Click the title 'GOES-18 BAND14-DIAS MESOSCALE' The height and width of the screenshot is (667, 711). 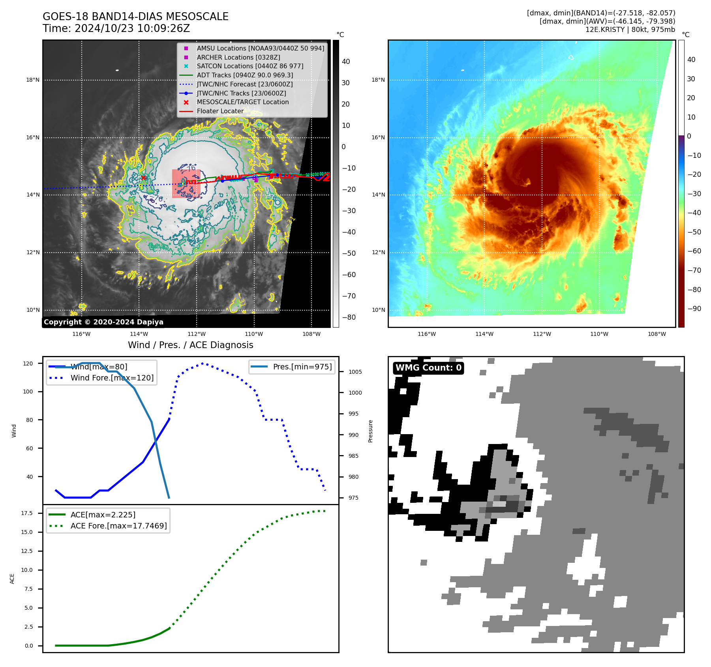(135, 17)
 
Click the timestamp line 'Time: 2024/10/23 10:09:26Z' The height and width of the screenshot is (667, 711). (116, 28)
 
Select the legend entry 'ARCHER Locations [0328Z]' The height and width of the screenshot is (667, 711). (238, 57)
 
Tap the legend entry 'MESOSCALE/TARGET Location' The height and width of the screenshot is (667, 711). (242, 102)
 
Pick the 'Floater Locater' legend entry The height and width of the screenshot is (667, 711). (220, 111)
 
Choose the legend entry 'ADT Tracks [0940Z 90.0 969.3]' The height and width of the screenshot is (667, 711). (245, 75)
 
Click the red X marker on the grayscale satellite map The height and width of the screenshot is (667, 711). (143, 178)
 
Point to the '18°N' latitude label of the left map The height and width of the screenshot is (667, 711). (33, 80)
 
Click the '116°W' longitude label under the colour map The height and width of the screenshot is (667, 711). (427, 334)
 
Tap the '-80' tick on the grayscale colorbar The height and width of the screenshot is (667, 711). (349, 317)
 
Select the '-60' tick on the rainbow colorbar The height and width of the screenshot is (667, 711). (694, 251)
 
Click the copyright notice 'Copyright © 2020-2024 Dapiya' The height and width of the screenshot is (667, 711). (103, 322)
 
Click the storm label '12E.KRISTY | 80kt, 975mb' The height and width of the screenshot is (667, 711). (630, 30)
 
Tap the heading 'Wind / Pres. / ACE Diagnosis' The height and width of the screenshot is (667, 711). (190, 345)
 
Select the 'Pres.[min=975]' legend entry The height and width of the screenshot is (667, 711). (302, 367)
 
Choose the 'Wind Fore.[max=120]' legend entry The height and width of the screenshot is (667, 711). (112, 378)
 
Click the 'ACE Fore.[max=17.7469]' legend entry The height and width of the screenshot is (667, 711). (118, 526)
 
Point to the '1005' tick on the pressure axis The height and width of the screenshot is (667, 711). (355, 372)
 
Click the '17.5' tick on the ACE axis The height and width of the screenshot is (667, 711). (27, 513)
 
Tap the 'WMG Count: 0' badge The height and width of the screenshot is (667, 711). (428, 368)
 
